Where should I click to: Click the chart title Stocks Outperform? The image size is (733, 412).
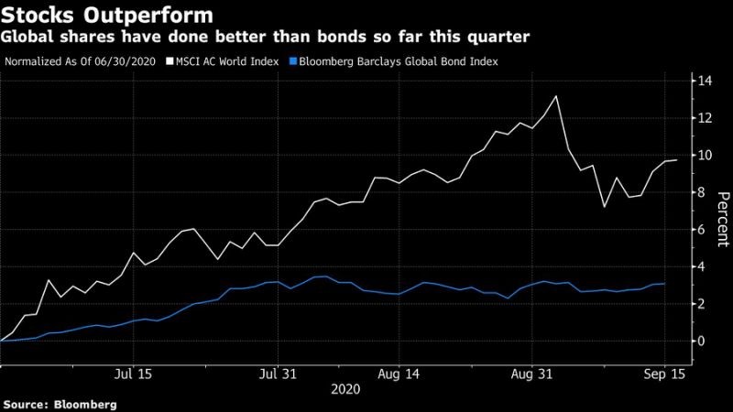click(107, 15)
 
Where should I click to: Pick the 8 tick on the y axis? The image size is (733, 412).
click(705, 192)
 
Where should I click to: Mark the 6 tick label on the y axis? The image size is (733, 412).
click(705, 229)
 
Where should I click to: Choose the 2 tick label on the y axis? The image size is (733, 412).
click(705, 303)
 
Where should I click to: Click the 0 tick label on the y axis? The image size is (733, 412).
click(705, 341)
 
